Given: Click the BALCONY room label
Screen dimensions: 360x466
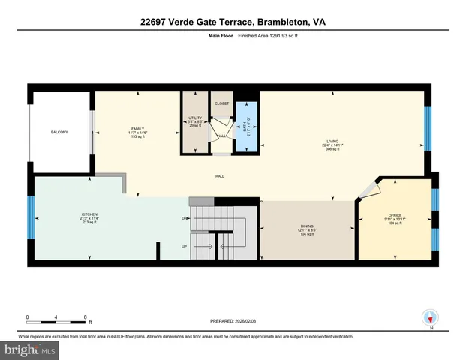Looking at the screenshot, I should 59,133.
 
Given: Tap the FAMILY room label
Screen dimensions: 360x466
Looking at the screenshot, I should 137,129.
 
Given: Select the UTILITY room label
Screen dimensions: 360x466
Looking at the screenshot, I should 195,118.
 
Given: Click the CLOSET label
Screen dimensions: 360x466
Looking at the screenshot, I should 221,104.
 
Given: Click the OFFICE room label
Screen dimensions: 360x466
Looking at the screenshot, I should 393,215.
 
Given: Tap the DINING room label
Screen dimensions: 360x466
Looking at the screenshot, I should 306,226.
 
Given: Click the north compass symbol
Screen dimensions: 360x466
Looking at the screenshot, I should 430,317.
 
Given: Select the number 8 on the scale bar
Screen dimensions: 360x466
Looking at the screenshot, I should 86,316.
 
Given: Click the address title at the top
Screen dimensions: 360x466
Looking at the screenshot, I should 233,22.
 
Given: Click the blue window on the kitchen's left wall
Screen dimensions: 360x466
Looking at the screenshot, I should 31,217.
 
